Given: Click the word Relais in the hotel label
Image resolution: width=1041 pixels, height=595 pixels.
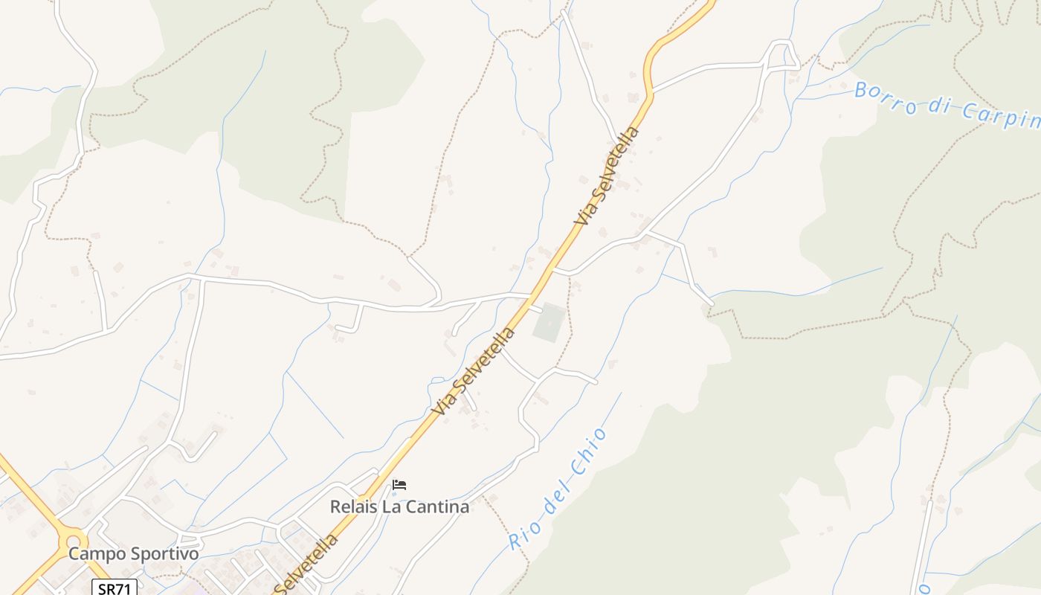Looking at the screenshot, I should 352,507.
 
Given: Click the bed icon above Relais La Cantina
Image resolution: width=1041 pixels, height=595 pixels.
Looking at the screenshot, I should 399,485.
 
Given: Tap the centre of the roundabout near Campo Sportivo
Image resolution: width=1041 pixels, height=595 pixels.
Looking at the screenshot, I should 73,539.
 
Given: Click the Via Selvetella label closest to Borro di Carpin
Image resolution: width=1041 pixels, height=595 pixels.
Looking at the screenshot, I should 607,176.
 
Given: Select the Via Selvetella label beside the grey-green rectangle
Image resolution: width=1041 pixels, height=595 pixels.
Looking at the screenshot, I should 476,370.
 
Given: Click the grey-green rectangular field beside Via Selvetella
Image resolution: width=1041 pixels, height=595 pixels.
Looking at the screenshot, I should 549,323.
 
